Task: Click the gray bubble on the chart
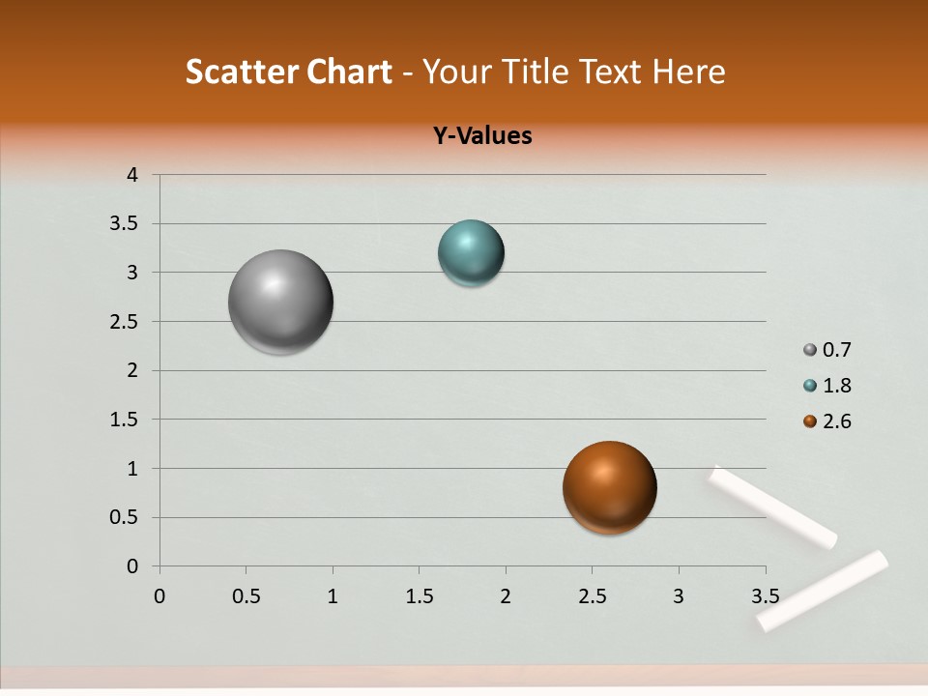coord(280,302)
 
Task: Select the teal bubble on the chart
coord(471,252)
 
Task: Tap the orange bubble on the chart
coord(609,487)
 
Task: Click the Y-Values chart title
coord(482,135)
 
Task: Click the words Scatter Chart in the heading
coord(288,72)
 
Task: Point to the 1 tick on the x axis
coord(333,596)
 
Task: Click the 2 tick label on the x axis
coord(506,596)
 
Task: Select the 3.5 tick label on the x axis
coord(765,596)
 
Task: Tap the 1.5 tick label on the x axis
coord(419,596)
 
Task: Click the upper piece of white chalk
coord(772,507)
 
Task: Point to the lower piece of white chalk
coord(822,591)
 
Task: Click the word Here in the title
coord(688,72)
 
